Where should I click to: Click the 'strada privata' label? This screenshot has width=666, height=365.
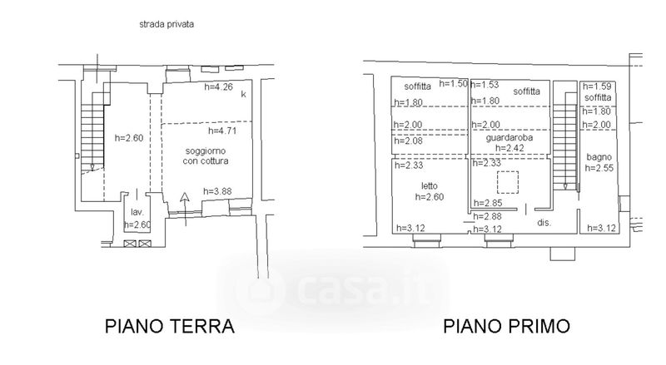[x=166, y=25]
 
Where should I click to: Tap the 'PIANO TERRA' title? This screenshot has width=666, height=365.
[x=170, y=325]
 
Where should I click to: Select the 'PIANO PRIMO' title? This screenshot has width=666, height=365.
[x=506, y=325]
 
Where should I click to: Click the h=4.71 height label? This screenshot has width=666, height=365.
[x=222, y=131]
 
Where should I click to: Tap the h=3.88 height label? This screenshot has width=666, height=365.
[x=216, y=191]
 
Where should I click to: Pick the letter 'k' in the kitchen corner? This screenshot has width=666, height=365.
[x=243, y=95]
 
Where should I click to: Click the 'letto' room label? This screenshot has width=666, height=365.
[x=429, y=185]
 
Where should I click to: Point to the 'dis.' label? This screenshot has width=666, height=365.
[x=544, y=223]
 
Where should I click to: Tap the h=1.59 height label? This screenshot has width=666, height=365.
[x=598, y=86]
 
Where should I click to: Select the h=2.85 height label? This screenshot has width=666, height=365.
[x=487, y=203]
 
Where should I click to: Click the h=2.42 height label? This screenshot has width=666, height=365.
[x=509, y=149]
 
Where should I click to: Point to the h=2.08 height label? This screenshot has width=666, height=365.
[x=410, y=141]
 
